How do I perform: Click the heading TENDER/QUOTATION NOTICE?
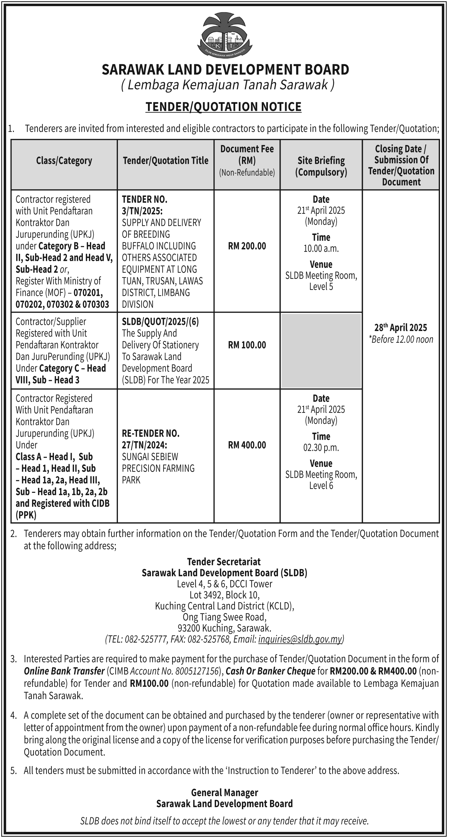point(223,107)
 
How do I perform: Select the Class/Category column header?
point(64,160)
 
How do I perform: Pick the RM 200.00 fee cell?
point(247,246)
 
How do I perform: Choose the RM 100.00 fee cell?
point(247,345)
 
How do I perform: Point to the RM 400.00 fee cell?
point(247,445)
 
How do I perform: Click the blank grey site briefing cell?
point(321,351)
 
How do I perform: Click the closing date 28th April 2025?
point(401,327)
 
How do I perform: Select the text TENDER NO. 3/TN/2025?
point(144,205)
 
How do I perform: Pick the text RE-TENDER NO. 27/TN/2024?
point(151,439)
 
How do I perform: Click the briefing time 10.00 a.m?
point(321,248)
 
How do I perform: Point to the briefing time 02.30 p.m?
point(321,448)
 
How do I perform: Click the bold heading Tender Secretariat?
point(224,562)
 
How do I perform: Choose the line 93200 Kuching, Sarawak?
point(225,628)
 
